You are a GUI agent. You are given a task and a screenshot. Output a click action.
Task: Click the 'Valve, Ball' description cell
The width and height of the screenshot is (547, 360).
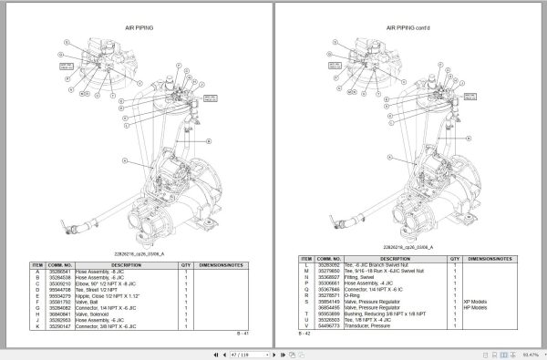click(x=97, y=300)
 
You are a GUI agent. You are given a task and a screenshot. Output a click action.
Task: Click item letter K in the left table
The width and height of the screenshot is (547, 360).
click(x=37, y=325)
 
